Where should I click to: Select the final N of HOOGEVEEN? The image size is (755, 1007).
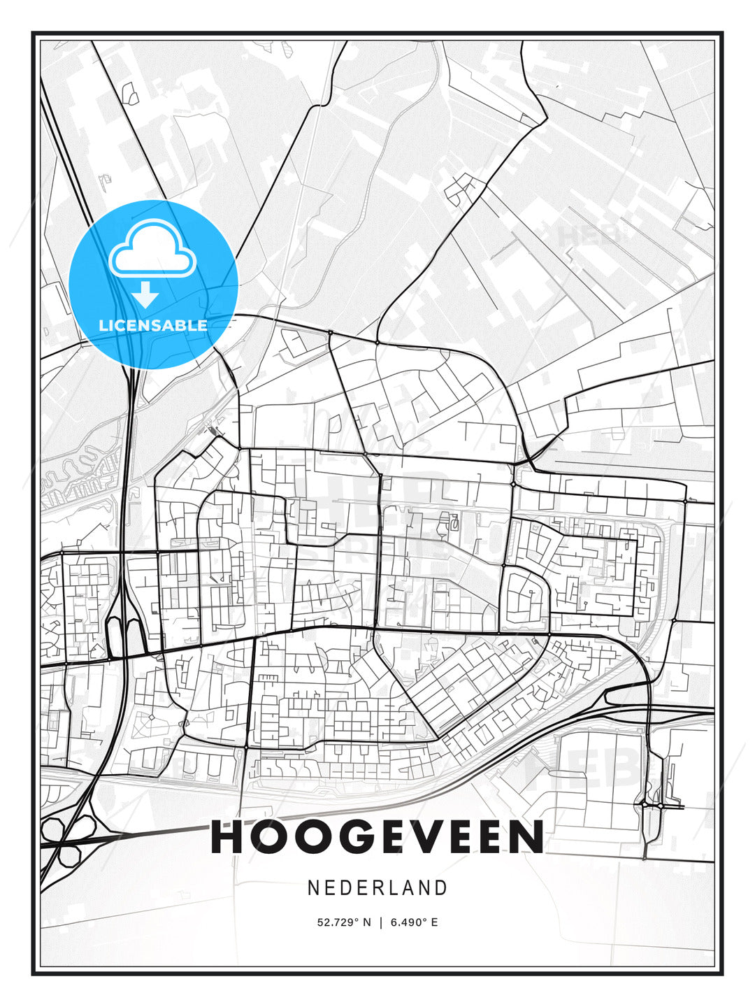pos(528,837)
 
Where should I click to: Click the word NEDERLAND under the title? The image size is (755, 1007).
pos(377,888)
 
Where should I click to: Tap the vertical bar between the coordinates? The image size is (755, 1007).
pos(380,922)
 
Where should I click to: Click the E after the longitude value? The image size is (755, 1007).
pos(434,922)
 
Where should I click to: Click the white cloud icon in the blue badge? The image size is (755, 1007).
pos(152,250)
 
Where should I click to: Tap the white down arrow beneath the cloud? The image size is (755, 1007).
pos(145,294)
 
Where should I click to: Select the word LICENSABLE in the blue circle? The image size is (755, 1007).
pos(153,325)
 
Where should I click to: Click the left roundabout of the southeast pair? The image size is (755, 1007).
pos(643,805)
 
